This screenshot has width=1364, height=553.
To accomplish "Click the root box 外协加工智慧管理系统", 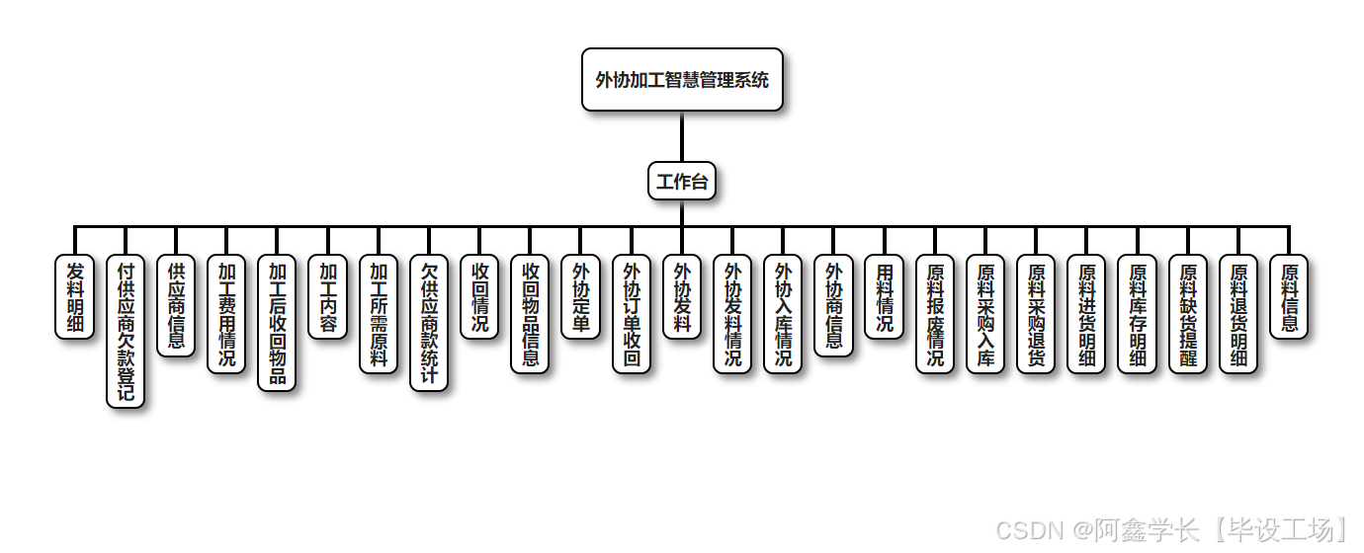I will pos(682,80).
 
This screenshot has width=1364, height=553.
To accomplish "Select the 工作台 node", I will pos(682,182).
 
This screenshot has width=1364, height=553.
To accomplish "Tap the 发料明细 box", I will pos(74,297).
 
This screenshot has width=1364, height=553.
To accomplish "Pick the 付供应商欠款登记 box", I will pos(126,332).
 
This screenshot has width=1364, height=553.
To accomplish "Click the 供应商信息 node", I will pos(176,306).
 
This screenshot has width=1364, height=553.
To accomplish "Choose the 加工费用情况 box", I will pos(226,314).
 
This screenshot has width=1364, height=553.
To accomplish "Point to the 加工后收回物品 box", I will pos(277,323).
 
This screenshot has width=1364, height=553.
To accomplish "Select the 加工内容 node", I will pos(327,297).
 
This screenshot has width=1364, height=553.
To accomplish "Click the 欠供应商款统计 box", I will pos(429,323).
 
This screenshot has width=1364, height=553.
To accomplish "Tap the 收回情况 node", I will pos(479,297).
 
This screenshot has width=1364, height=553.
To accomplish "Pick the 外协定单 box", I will pos(581,297).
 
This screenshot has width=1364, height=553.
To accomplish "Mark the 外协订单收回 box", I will pos(632,314).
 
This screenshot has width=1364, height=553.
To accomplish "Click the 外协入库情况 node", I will pos(783,314).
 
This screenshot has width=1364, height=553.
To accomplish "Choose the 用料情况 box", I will pos(885,297).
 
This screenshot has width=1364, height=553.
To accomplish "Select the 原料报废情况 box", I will pos(935,314).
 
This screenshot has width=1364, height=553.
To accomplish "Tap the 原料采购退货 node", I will pos(1036,314).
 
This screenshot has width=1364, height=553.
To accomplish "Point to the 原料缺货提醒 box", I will pos(1188,314).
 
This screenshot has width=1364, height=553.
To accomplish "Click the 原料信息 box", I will pos(1289,297).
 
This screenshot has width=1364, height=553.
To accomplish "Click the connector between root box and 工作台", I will pos(682,136).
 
